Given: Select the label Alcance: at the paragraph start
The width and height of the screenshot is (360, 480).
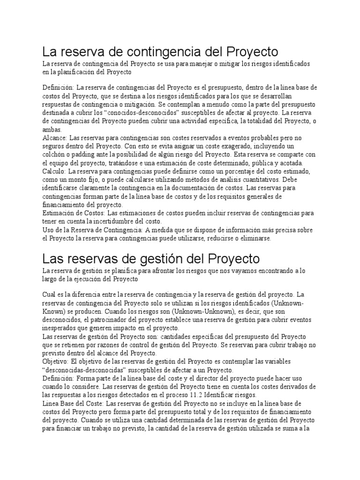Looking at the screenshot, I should point(55,138).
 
